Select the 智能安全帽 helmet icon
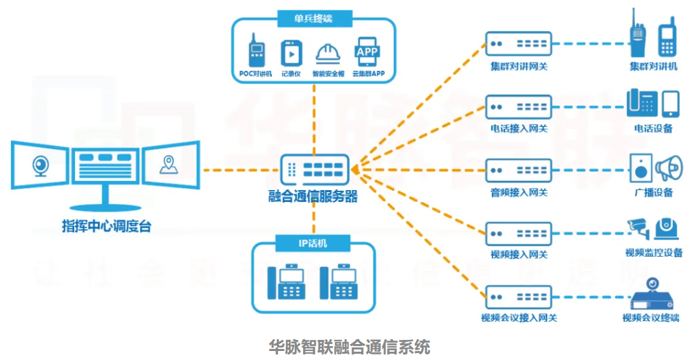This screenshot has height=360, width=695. (x=327, y=53)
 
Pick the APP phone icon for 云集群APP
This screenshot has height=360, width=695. (x=366, y=51)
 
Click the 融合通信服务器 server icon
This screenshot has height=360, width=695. (x=314, y=169)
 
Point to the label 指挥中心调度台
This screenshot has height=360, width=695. (x=106, y=225)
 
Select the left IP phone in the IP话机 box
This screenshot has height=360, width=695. (x=284, y=281)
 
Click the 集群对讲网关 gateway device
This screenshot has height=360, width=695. (x=518, y=44)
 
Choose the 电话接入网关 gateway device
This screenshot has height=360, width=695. (x=518, y=107)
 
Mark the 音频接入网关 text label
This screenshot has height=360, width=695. (x=518, y=192)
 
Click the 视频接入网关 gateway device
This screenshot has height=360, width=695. (x=518, y=233)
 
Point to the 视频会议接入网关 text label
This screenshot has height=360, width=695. (x=519, y=318)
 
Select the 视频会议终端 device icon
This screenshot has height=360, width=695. (x=652, y=297)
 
